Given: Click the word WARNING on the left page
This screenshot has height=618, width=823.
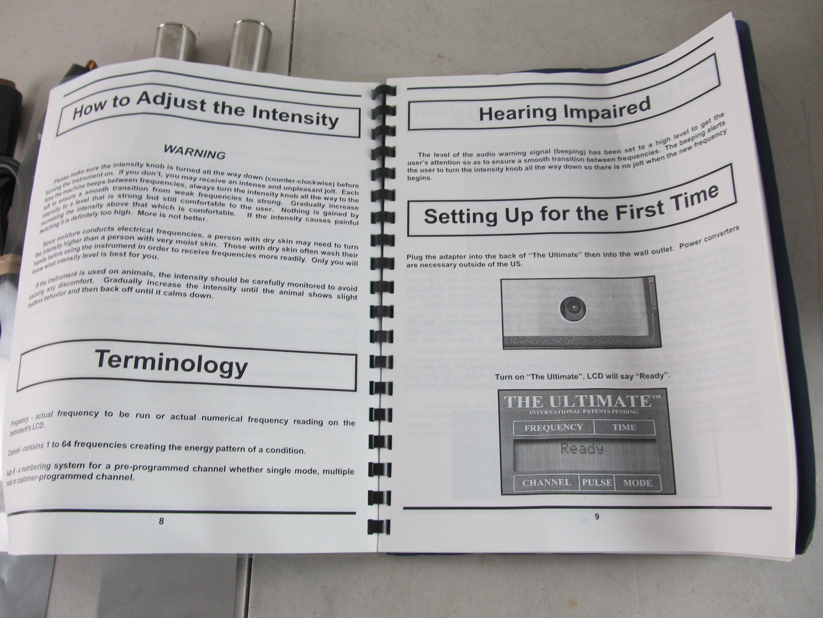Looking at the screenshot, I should point(194,151).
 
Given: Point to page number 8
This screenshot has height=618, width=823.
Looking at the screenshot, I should point(161,521).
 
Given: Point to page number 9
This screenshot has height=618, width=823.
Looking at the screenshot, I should point(597,517).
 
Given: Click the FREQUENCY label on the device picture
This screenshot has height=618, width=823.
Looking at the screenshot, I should point(553,427).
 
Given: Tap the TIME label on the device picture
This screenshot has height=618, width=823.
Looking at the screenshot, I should point(623,427).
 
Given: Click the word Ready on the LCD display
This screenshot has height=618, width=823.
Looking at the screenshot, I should point(582,449).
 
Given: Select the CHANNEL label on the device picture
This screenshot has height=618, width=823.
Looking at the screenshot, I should point(546,483).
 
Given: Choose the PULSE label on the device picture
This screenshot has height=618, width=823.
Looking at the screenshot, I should point(597,483).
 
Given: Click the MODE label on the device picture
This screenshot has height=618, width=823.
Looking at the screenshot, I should point(637,483).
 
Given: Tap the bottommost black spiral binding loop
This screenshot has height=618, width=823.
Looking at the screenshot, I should point(379,526).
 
